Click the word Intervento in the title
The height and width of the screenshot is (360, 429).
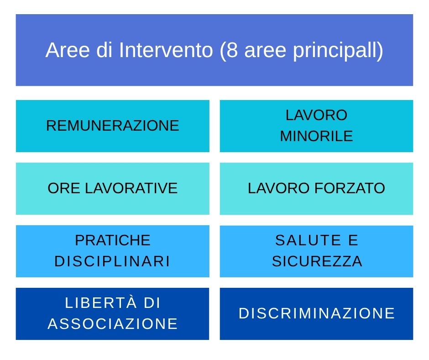click(166, 50)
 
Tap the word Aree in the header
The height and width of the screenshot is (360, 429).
click(68, 50)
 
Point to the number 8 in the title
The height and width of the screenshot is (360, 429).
click(232, 50)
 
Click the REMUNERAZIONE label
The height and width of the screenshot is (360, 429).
click(113, 126)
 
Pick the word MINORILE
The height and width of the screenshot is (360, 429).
click(317, 136)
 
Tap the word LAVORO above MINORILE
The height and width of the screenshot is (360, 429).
click(317, 115)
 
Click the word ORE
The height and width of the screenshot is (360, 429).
click(64, 188)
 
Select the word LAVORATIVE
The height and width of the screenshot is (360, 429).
click(131, 188)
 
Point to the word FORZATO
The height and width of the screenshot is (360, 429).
click(350, 188)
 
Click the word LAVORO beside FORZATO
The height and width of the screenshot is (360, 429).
click(279, 188)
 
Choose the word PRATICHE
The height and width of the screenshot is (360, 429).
click(113, 240)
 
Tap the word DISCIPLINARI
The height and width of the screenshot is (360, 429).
click(112, 261)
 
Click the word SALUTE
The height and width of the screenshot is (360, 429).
click(308, 240)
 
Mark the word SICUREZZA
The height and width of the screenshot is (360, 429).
click(317, 261)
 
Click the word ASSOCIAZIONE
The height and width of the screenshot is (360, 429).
click(113, 323)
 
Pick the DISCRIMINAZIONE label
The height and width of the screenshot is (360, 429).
click(317, 313)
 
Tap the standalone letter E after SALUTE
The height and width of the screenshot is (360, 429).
click(353, 240)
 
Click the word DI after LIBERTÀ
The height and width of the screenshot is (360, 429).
click(152, 303)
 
